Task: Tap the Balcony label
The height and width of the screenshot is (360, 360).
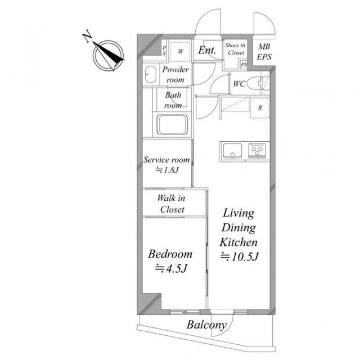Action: point(206,325)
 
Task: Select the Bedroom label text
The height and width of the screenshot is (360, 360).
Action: point(170,254)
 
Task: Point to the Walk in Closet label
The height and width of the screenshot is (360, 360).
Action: point(172,204)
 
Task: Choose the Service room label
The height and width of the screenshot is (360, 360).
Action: point(167,160)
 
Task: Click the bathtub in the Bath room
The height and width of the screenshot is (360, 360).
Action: point(172,125)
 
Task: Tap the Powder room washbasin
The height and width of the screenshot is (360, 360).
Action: point(150,75)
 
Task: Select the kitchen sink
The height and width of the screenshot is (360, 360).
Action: point(232,151)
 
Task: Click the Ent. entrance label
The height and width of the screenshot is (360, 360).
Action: point(208,51)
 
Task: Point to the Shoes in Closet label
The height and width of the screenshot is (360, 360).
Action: point(235,48)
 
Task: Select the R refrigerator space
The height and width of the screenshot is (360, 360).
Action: point(260,107)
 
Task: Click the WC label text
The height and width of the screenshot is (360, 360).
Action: point(238,84)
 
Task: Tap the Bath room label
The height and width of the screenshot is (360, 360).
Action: point(173,100)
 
